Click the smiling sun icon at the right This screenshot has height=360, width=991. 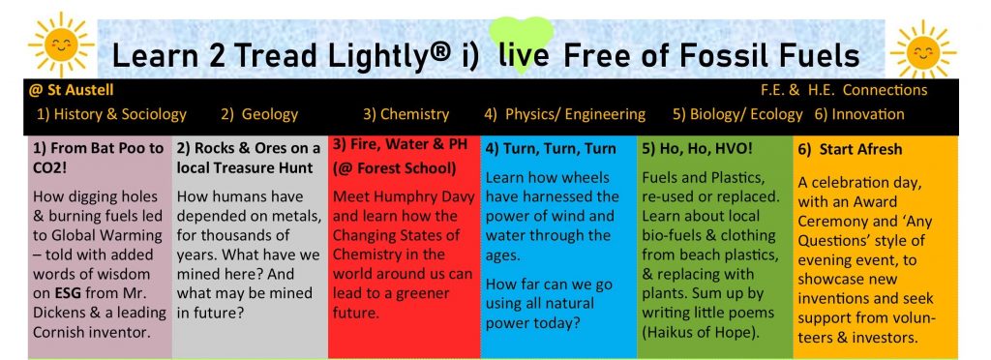point(922,50)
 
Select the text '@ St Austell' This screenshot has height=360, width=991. point(71,90)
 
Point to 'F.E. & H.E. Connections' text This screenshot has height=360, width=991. point(844,90)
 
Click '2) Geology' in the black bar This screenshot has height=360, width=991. point(259,114)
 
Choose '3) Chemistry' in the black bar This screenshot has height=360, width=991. point(405,114)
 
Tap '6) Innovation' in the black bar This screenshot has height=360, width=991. point(859,114)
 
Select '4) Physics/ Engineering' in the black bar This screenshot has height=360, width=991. point(565,114)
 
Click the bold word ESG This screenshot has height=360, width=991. point(66,293)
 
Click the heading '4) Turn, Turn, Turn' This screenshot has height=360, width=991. point(551,149)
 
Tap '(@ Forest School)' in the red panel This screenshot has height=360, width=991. point(395,168)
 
